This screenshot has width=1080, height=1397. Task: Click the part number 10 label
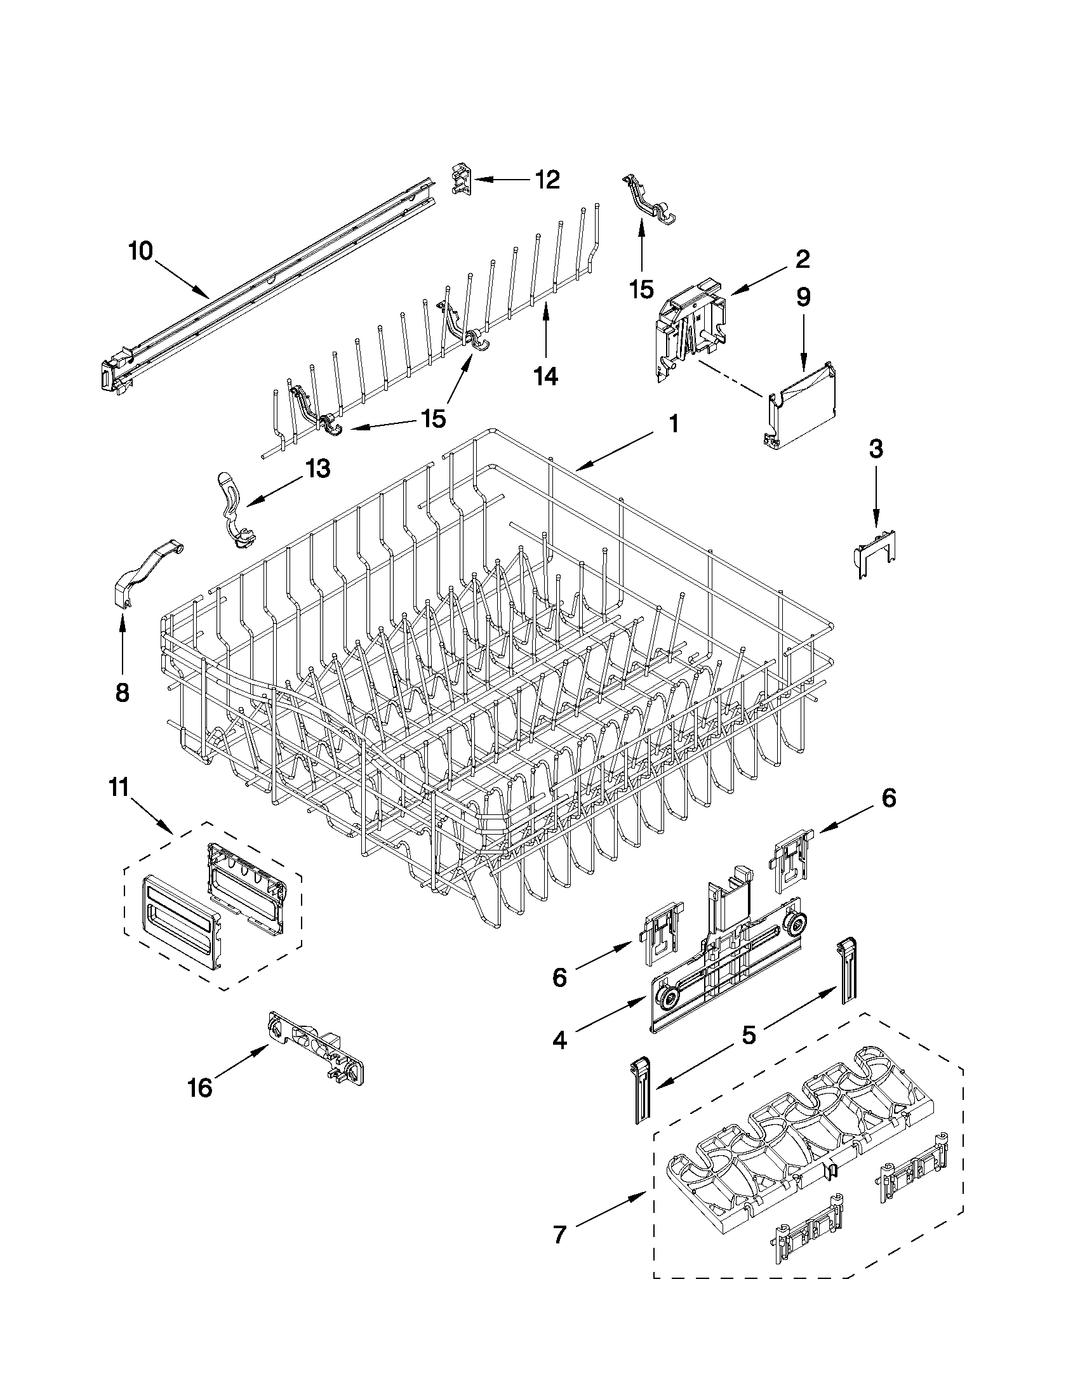pos(141,251)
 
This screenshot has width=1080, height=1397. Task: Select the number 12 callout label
pos(547,180)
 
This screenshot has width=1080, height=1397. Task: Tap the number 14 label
pos(545,377)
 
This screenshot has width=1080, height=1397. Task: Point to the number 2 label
pos(803,259)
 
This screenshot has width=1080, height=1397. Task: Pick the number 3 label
pos(876,449)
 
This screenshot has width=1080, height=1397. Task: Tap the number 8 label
pos(122,692)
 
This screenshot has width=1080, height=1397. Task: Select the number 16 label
pos(200,1087)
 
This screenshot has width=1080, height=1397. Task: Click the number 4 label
pos(560,1041)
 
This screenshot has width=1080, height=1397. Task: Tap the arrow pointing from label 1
pos(614,451)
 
